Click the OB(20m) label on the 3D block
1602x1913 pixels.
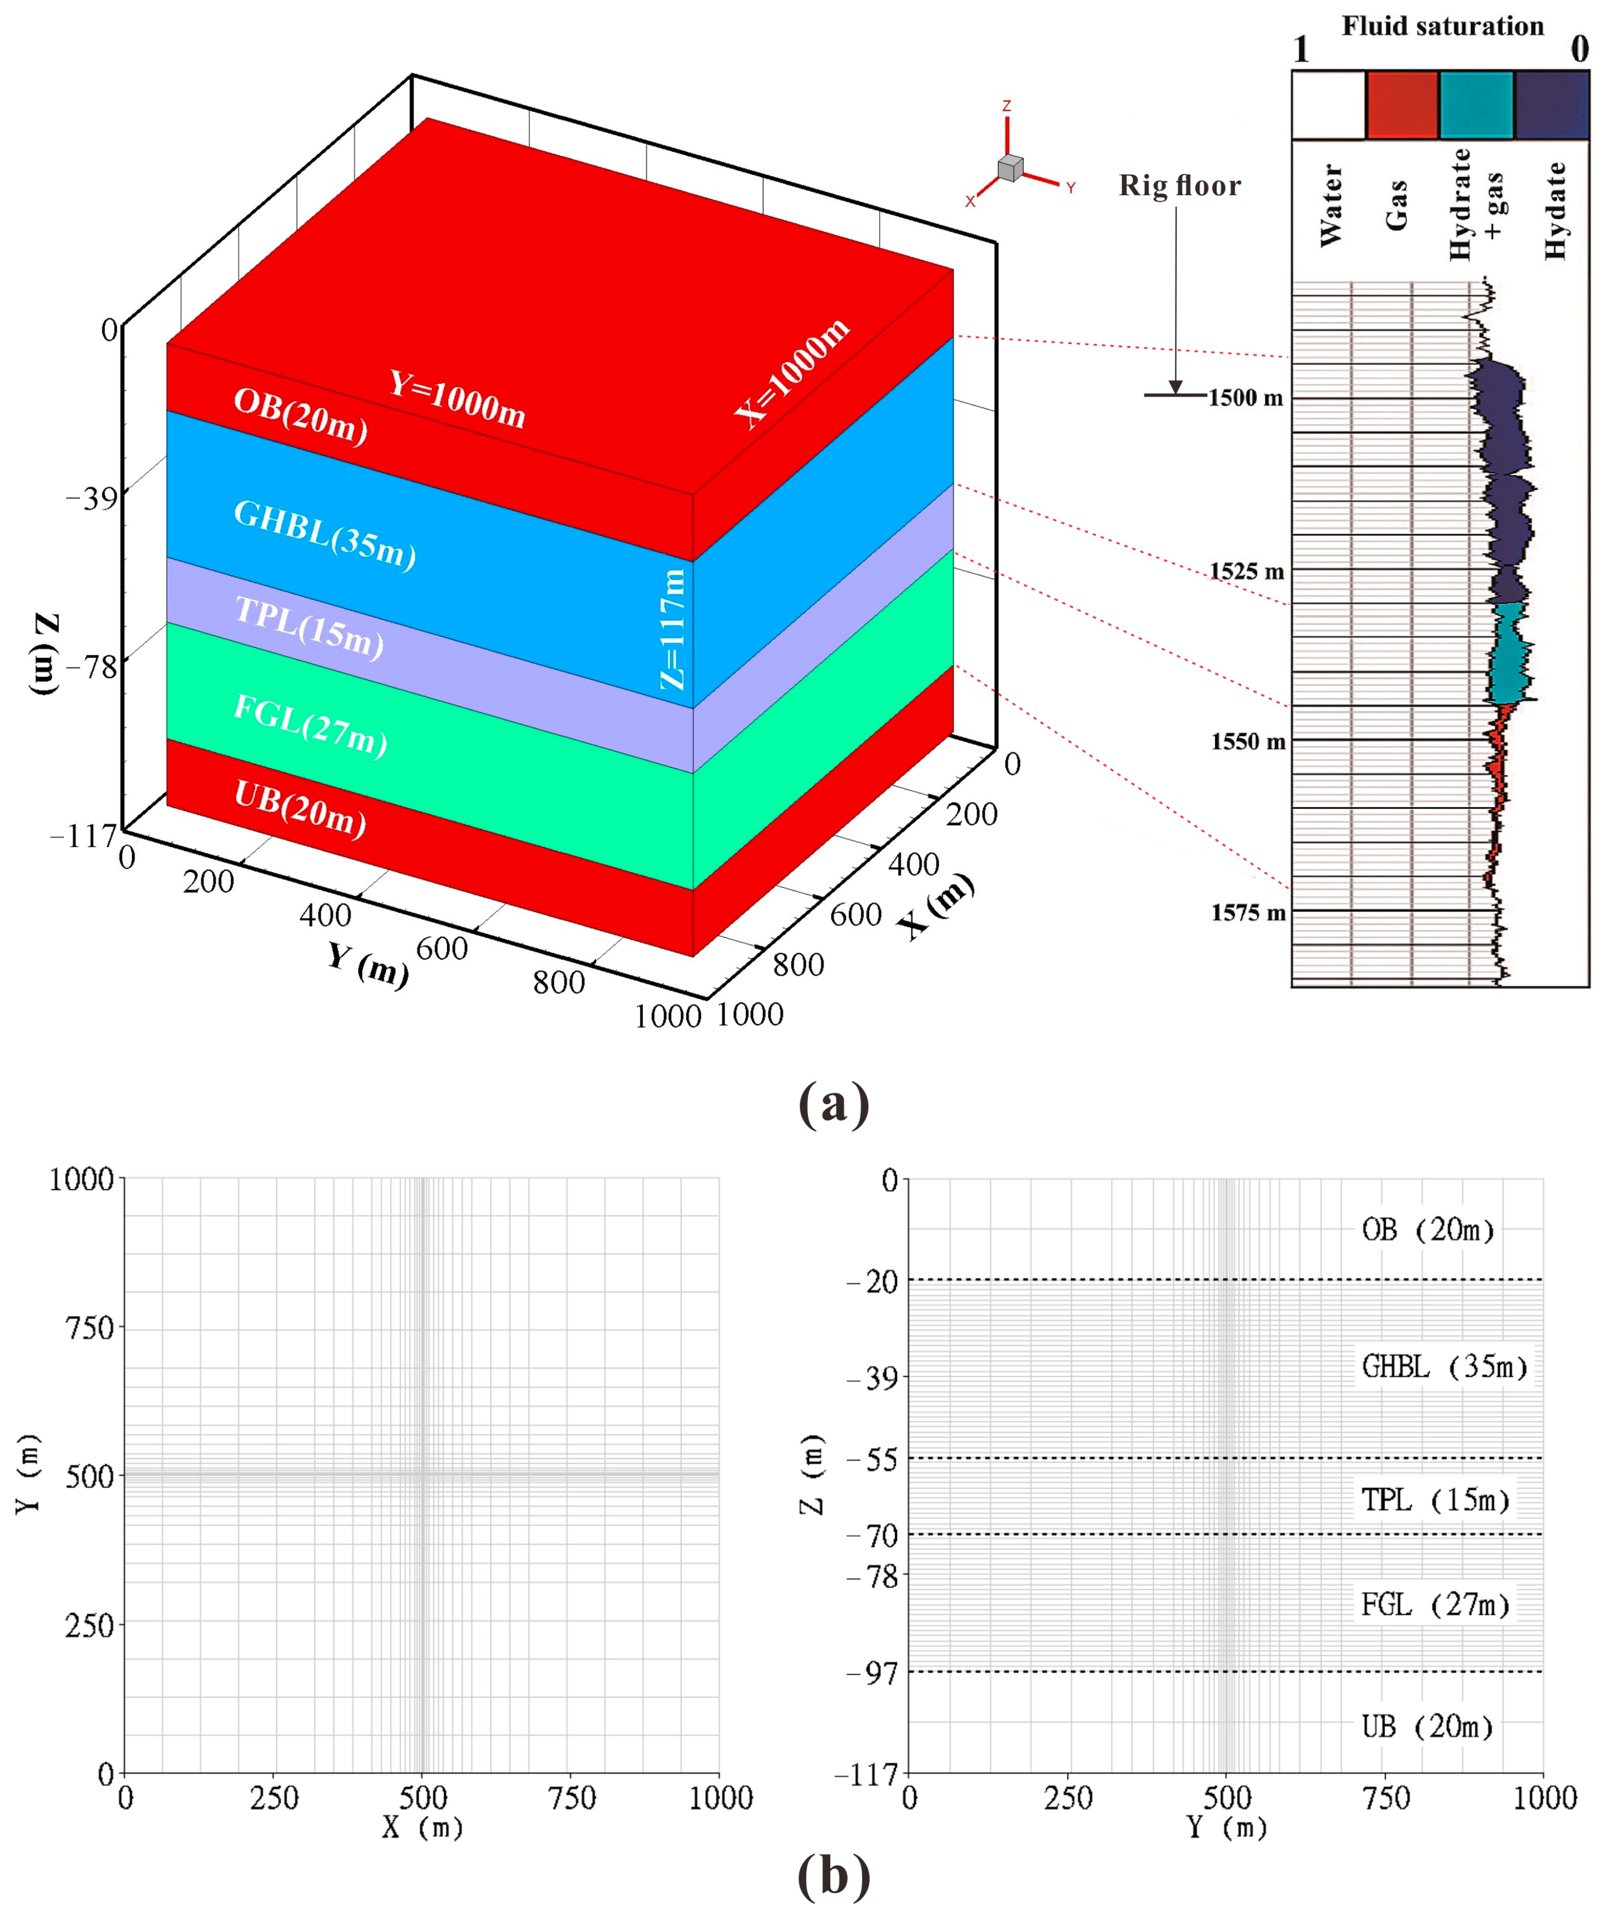(300, 416)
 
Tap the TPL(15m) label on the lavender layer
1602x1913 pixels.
(309, 627)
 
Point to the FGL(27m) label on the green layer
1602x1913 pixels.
(310, 725)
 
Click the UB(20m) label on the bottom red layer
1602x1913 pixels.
(300, 809)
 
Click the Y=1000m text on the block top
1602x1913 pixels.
(457, 399)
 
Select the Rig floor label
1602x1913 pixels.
(1179, 186)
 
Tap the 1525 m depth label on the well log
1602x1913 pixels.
(1246, 572)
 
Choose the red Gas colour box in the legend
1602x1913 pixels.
(1402, 106)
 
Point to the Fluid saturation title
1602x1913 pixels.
(1442, 26)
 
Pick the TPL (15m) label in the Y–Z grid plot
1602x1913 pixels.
(1435, 1500)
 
